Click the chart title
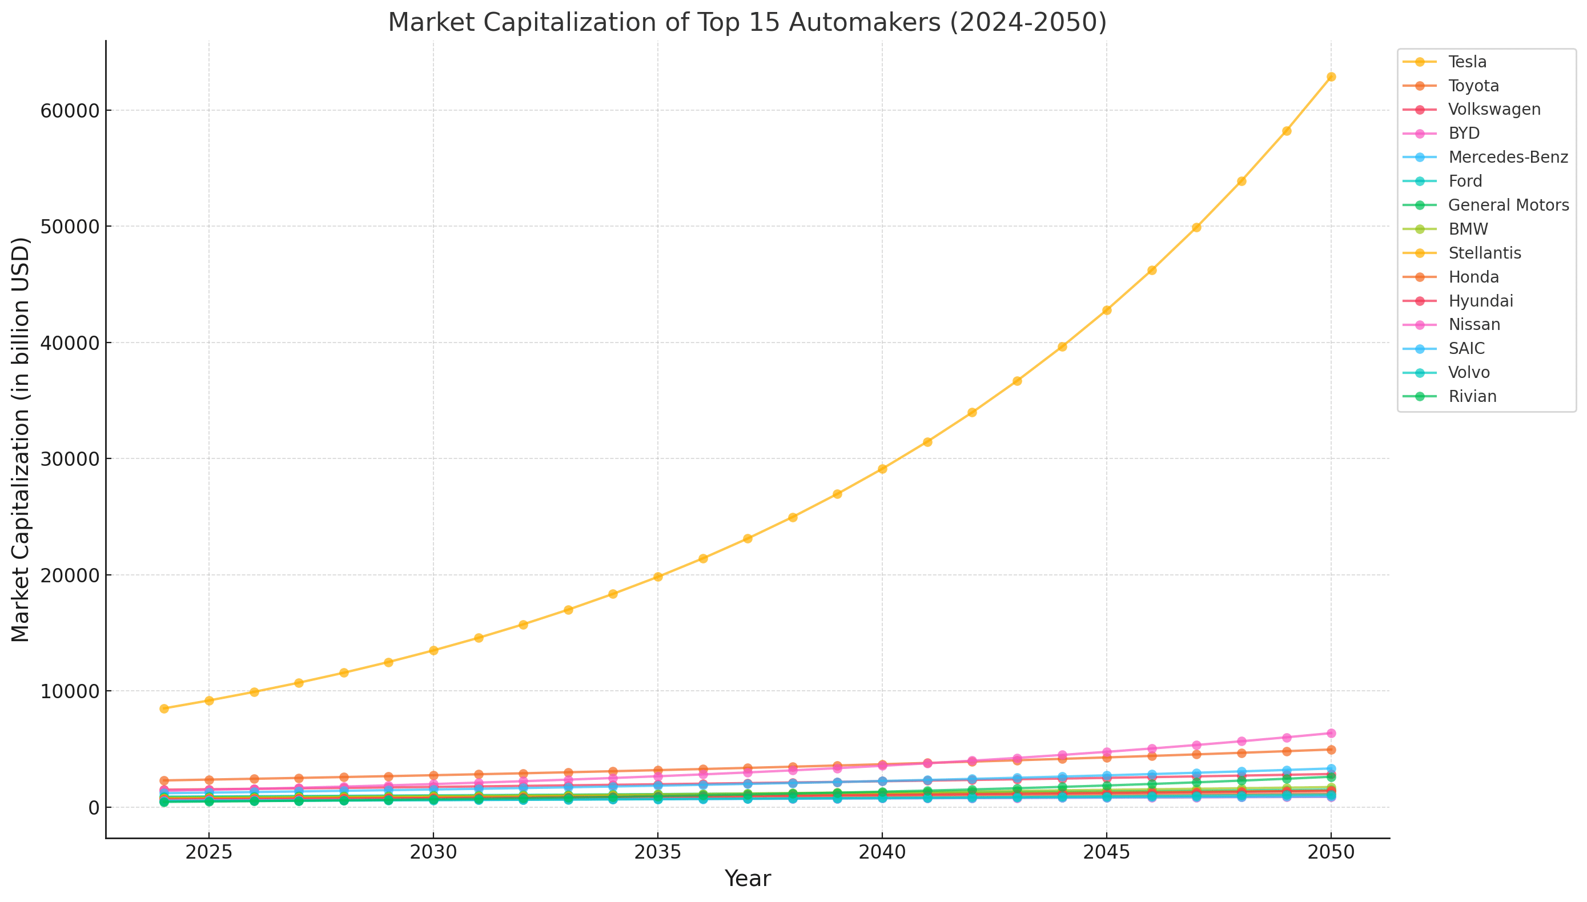[747, 23]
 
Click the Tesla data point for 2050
[1331, 77]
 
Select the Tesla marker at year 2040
[882, 469]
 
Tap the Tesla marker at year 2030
[433, 650]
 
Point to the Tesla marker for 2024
[164, 708]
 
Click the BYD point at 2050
[1331, 733]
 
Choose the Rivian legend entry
[1472, 397]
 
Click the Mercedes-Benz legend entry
[1507, 158]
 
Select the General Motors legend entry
[1508, 205]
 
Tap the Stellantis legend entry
[1484, 253]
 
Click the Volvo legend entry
[1469, 372]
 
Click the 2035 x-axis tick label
[657, 852]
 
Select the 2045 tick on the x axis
[1106, 852]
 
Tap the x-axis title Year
[747, 879]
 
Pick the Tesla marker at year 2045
[1106, 311]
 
